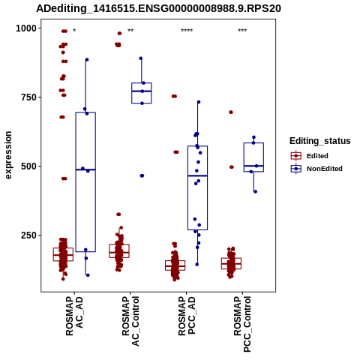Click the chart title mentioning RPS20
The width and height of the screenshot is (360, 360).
pos(158,8)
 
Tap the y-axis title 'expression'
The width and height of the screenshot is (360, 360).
pos(8,155)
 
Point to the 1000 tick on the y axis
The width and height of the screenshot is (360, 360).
pos(26,28)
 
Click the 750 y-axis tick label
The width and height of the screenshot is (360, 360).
pos(29,97)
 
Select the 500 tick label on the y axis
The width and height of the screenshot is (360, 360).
pos(29,166)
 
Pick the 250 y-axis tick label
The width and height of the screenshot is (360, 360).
pos(29,235)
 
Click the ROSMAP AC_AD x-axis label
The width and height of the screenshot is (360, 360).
pos(74,316)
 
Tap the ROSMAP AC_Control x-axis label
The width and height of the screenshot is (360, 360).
pos(130,321)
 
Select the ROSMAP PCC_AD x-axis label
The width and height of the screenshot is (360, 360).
pos(187,316)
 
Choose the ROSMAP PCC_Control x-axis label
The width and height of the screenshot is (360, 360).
pos(242,324)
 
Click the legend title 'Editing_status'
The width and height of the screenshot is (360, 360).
pos(320,141)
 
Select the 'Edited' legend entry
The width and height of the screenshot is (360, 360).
pos(317,156)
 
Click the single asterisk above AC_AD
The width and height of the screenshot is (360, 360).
pos(74,31)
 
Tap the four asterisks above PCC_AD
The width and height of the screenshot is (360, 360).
pos(187,31)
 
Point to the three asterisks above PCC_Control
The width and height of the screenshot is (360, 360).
pos(242,31)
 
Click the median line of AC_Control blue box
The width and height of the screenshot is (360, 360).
pos(142,91)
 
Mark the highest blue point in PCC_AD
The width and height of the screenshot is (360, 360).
pos(199,102)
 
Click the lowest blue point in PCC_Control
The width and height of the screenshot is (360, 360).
pos(255,192)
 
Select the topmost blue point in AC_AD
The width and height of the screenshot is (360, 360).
pos(87,60)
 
